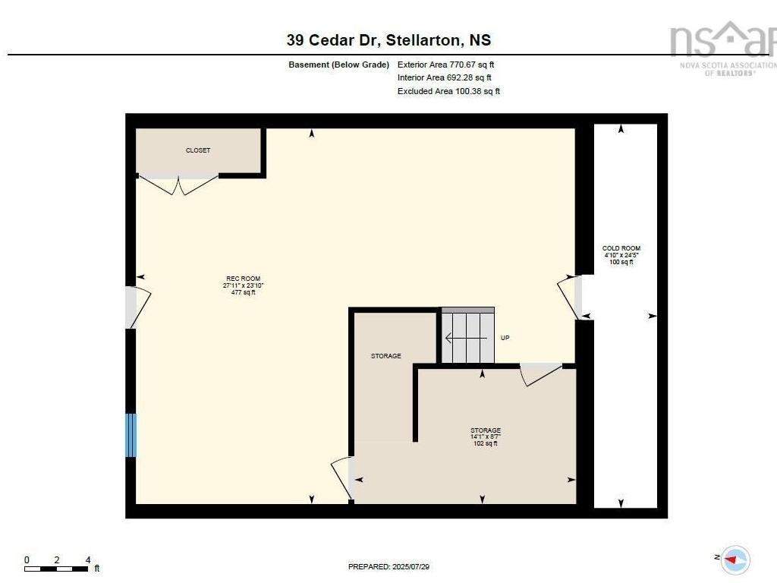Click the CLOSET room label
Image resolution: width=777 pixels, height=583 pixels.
coord(198,150)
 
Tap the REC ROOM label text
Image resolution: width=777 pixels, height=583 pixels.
coord(244,279)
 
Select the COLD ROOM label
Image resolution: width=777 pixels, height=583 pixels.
coord(621,248)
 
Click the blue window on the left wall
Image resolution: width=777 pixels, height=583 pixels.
coord(131,435)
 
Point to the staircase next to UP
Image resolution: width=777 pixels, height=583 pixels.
coord(467,335)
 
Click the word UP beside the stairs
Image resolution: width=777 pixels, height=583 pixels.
coord(505,338)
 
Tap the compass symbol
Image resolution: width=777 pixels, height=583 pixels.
coord(735,559)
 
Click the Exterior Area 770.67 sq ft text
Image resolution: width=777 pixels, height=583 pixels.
coord(445,65)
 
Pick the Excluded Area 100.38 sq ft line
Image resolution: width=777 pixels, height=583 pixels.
coord(448,91)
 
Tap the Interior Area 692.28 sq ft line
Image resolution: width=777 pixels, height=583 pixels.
coord(445,78)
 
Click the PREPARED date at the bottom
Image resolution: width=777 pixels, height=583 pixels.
coord(388,566)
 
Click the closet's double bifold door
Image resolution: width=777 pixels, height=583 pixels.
coord(178,184)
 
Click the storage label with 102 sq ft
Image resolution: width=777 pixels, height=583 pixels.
coord(486,436)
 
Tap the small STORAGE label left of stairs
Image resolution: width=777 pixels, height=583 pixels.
coord(386,356)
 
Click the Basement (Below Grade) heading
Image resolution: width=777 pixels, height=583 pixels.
coord(339,65)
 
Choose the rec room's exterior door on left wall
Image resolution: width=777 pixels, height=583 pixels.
coord(138,307)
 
